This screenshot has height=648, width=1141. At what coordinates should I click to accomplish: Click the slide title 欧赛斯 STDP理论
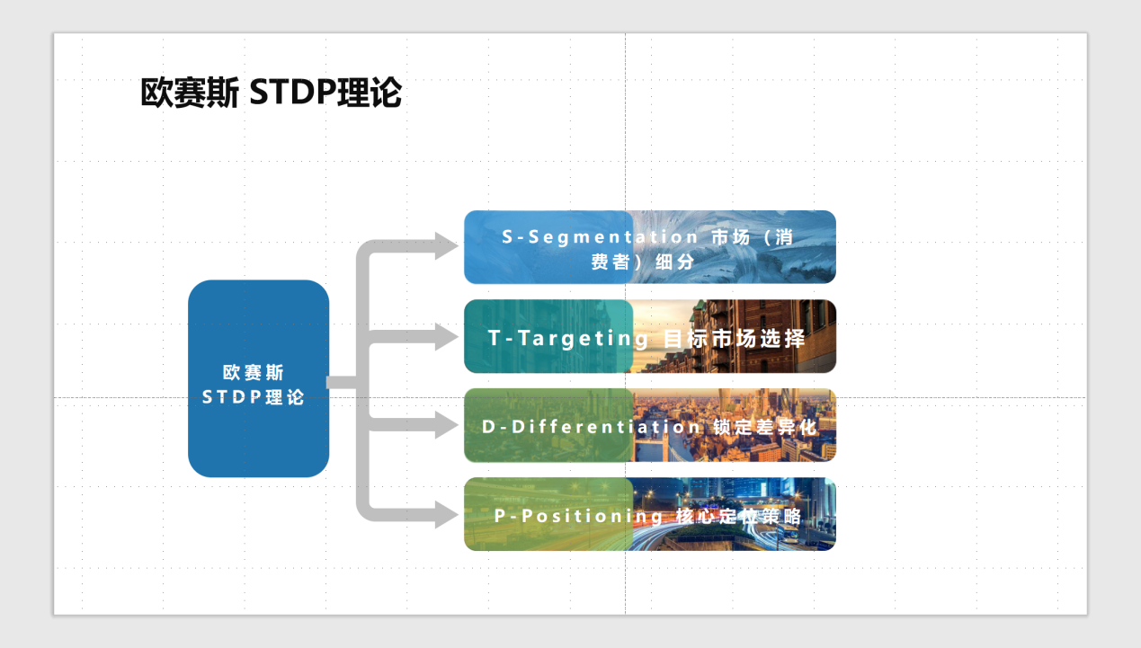tap(271, 93)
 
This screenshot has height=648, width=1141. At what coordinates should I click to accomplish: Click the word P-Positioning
tap(578, 516)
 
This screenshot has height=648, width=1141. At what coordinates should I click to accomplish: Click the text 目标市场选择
tap(734, 338)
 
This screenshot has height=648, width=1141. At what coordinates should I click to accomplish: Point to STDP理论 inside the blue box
tap(254, 397)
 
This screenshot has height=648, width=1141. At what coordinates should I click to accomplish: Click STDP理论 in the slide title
tap(325, 93)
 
